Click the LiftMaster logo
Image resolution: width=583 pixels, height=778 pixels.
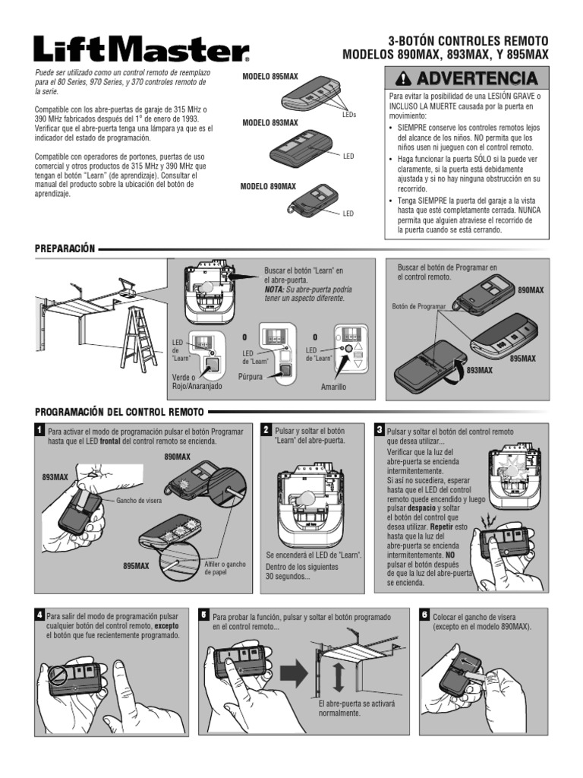[x=141, y=49]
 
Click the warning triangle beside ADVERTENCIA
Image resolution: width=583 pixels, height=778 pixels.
[x=405, y=78]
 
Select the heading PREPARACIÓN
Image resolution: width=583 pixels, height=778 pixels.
[x=65, y=248]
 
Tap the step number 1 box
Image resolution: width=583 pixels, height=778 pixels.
[x=39, y=430]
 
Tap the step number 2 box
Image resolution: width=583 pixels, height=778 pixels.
[x=266, y=430]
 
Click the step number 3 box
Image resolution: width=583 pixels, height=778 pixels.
[x=380, y=430]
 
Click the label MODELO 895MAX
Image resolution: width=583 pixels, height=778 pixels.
[x=270, y=77]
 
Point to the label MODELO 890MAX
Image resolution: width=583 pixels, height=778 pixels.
[x=268, y=186]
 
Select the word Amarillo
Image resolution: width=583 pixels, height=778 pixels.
[x=333, y=387]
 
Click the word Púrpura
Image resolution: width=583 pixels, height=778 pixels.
[x=251, y=377]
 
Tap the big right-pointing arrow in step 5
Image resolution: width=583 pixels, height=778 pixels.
[x=294, y=673]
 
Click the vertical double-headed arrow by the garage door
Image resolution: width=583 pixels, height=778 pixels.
[x=339, y=677]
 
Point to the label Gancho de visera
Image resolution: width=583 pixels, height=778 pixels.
[x=139, y=501]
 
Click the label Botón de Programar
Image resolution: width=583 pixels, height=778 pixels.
[x=419, y=307]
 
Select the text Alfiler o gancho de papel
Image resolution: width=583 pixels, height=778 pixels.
[x=225, y=568]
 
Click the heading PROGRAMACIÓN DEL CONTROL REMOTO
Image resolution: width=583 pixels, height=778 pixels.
[x=119, y=412]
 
